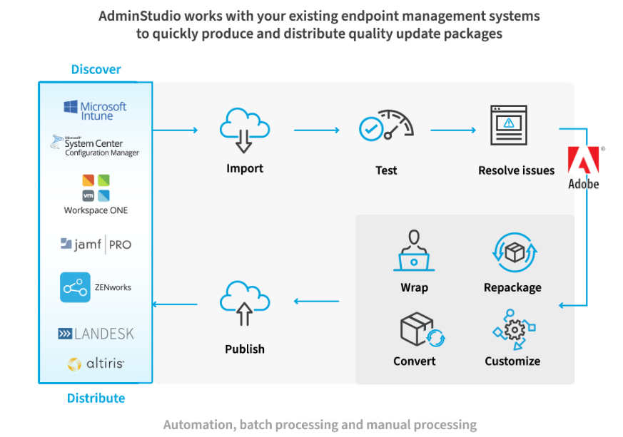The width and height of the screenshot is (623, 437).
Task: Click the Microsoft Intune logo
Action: click(x=95, y=110)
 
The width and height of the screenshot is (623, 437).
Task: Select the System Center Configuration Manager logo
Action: click(x=95, y=145)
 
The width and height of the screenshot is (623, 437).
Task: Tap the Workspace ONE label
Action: click(x=96, y=210)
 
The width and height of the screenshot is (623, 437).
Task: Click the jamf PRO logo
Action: click(x=96, y=245)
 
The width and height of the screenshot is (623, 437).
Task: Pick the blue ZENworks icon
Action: click(x=75, y=287)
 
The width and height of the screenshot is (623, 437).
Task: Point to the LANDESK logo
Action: click(x=96, y=334)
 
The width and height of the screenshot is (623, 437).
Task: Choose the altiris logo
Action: click(x=96, y=364)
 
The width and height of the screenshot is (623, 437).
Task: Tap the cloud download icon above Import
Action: click(x=244, y=130)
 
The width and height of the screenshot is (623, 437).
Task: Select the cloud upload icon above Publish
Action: click(x=244, y=304)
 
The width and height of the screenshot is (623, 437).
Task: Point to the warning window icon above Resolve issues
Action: click(x=508, y=126)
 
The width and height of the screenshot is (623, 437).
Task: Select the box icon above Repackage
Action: click(x=513, y=252)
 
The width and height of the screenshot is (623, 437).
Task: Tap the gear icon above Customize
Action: click(x=513, y=329)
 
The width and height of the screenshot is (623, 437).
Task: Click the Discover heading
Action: click(x=96, y=69)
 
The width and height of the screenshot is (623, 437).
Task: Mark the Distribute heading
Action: click(x=96, y=398)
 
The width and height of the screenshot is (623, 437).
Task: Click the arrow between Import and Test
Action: click(x=317, y=130)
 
